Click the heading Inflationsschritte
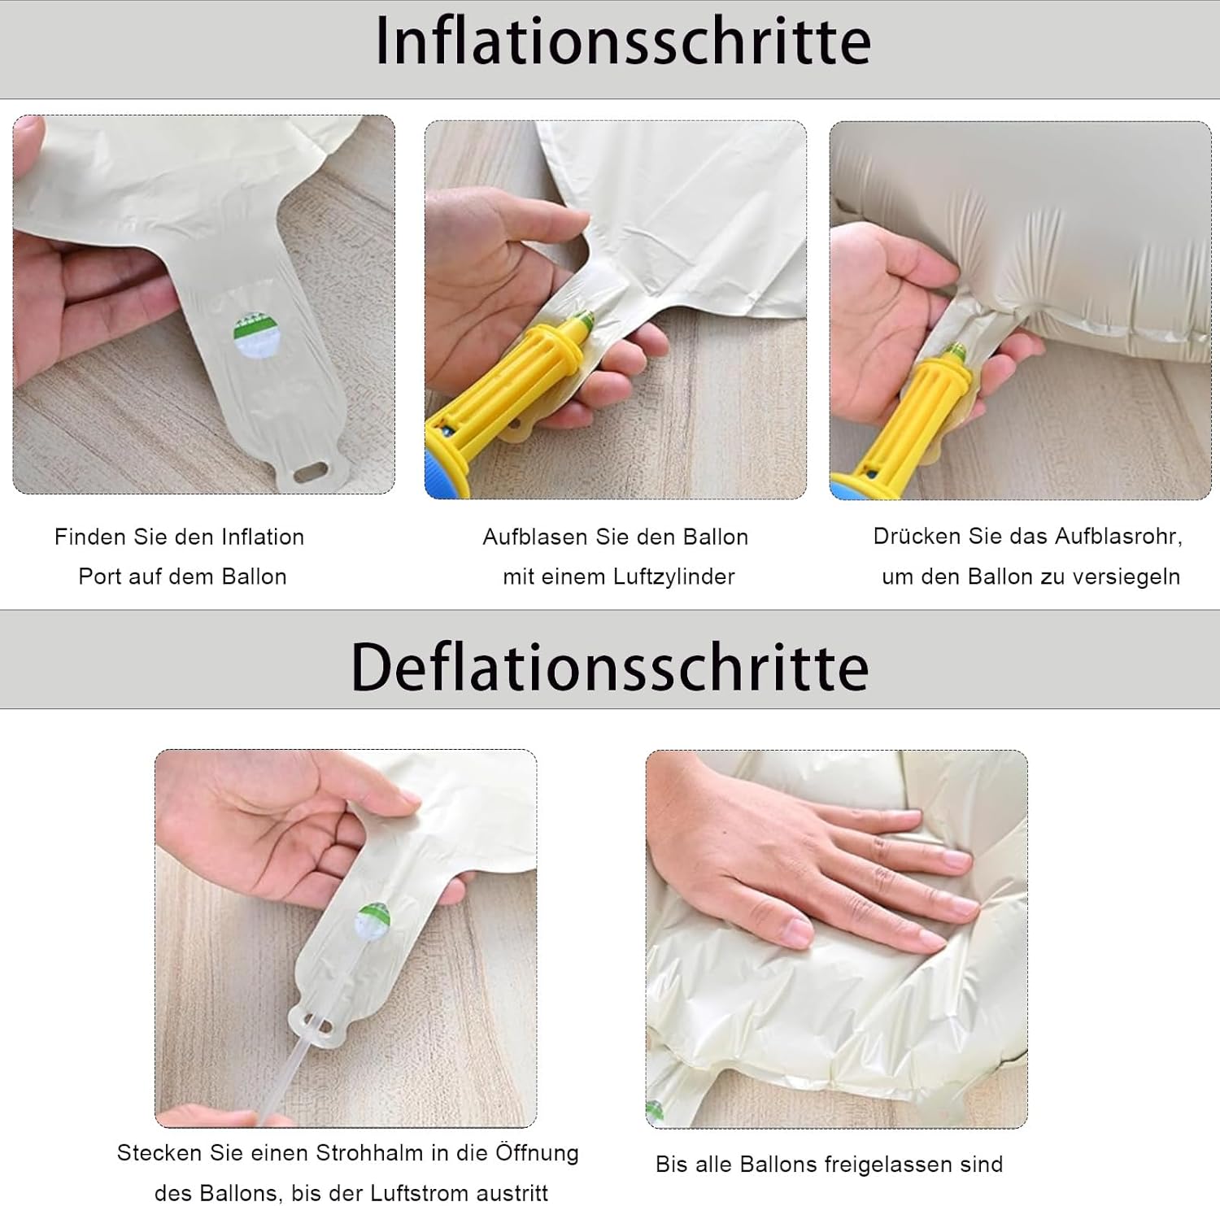tap(623, 42)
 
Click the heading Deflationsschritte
tap(610, 668)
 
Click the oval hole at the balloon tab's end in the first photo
tap(312, 472)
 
